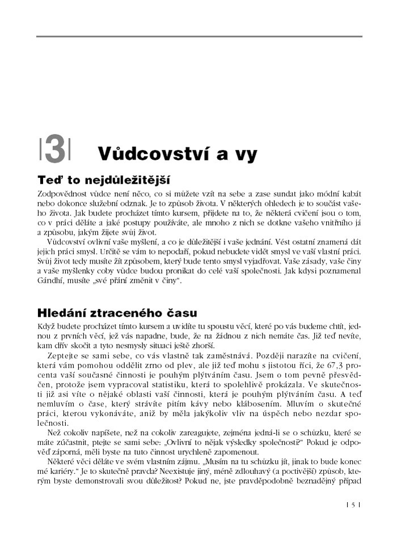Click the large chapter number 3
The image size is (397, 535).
[55, 151]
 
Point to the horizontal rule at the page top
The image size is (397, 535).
[198, 37]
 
